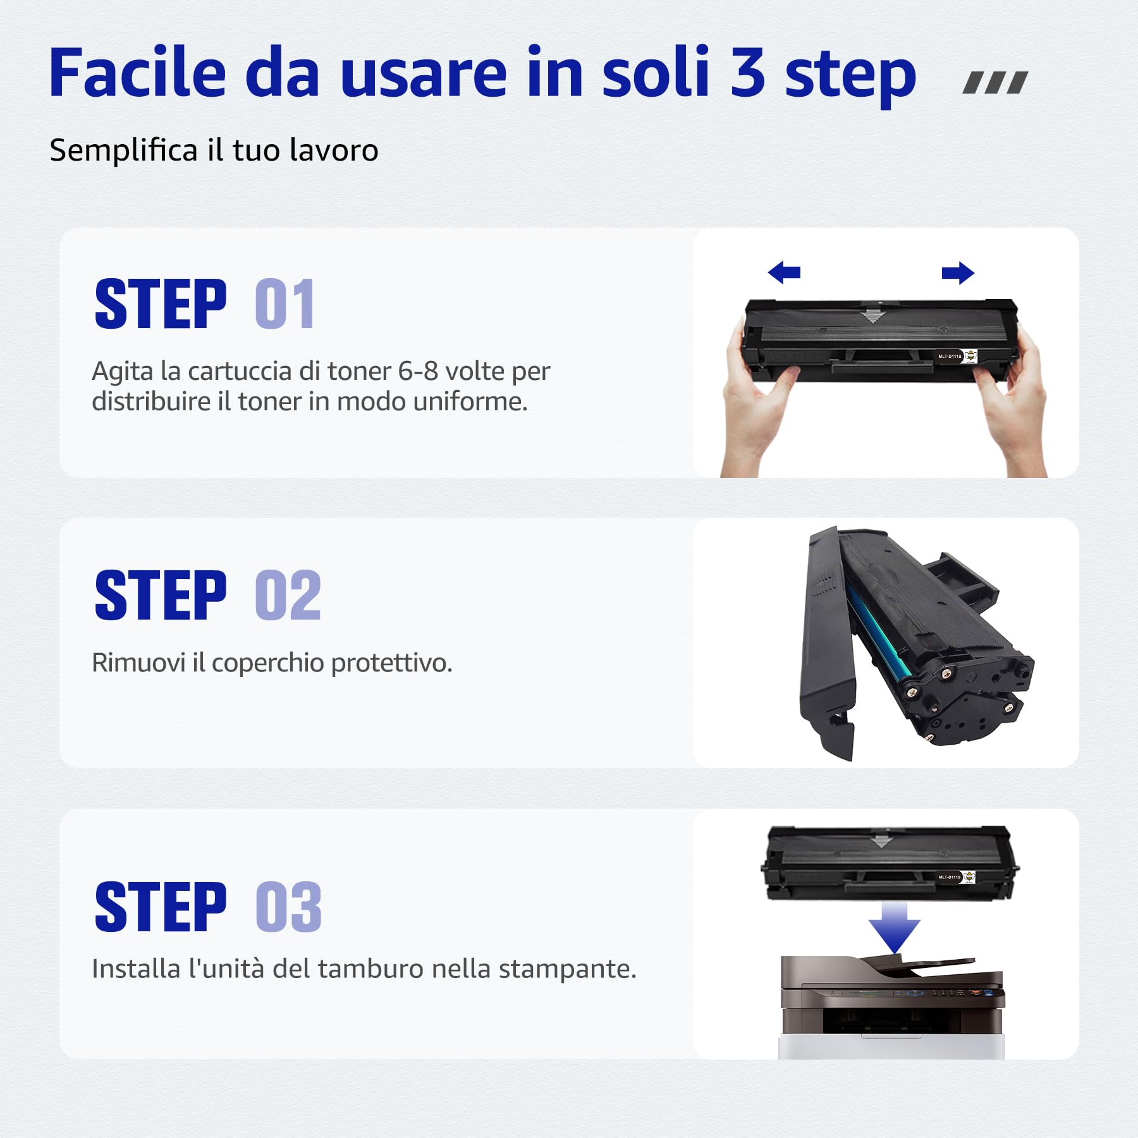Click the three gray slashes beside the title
coord(994,83)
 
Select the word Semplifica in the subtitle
coord(124,151)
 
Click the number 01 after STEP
coord(285,304)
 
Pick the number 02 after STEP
coord(288,595)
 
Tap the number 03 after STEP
coord(289,907)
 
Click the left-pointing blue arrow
coord(784,272)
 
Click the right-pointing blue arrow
coord(958,273)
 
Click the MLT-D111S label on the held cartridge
coord(950,357)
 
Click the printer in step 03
coord(891,1005)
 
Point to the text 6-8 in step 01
coord(418,371)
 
